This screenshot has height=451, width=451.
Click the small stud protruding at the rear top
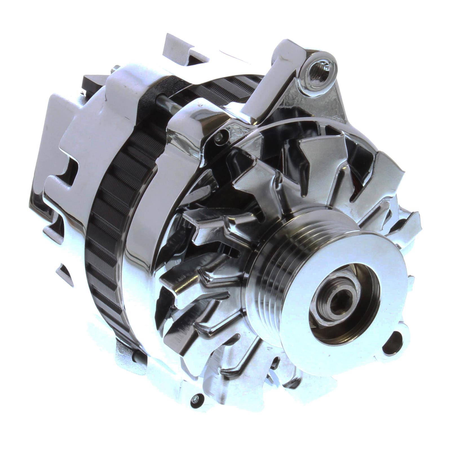pyautogui.click(x=115, y=68)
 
